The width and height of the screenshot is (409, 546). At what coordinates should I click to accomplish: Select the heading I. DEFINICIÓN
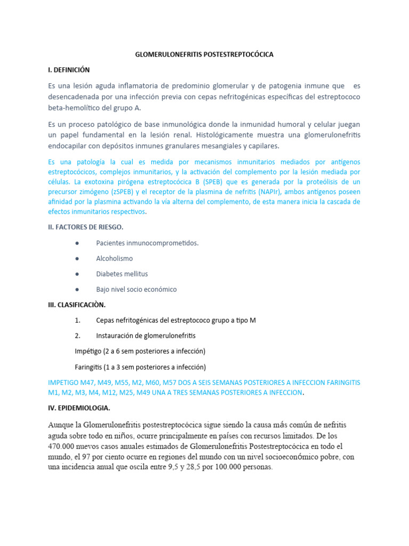click(x=68, y=70)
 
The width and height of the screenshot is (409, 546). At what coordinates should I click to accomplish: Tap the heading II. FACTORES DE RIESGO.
click(x=85, y=227)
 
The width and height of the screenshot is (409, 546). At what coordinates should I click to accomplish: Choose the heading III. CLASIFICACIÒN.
click(x=77, y=305)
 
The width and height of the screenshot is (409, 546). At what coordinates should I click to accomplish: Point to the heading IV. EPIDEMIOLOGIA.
click(x=79, y=408)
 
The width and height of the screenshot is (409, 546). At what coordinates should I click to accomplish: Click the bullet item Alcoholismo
click(x=114, y=259)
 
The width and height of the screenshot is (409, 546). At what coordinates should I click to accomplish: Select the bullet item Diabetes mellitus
click(x=122, y=274)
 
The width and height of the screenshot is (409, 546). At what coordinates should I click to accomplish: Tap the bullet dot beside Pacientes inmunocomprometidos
click(x=78, y=243)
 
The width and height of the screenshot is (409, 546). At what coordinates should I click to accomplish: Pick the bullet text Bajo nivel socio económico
click(x=136, y=290)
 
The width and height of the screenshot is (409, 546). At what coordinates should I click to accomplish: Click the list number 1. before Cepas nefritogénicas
click(x=78, y=320)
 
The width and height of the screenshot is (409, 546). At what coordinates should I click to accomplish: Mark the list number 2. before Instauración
click(x=78, y=336)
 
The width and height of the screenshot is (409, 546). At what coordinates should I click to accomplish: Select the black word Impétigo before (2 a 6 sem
click(x=89, y=351)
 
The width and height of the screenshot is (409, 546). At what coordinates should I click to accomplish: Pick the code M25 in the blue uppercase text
click(x=126, y=393)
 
